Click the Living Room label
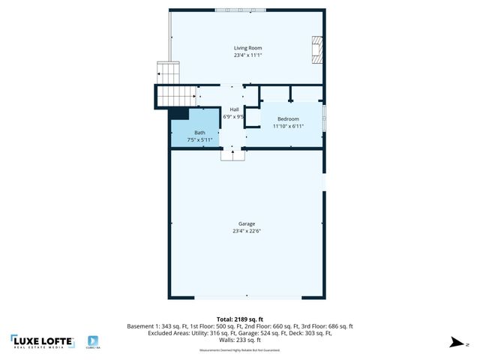(247, 48)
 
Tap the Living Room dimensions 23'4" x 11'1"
(247, 55)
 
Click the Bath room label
(199, 133)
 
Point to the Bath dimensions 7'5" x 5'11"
(199, 140)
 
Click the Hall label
(234, 109)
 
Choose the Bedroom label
(288, 119)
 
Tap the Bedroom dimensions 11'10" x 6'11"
(288, 127)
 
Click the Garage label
(247, 223)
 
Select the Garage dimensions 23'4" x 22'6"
(247, 231)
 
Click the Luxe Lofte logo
(43, 341)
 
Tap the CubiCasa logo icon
(94, 340)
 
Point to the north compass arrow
(454, 343)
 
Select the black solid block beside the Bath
(178, 113)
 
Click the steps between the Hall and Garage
(233, 154)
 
